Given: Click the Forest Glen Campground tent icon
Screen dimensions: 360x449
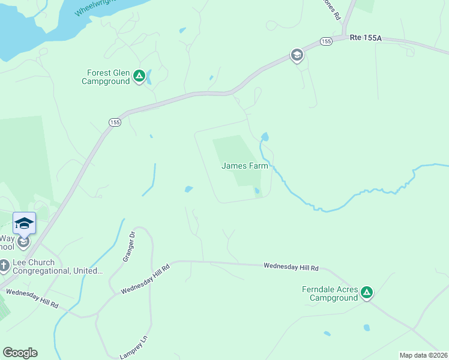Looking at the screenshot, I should coord(139,76).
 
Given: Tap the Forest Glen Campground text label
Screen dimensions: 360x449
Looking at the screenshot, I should coord(106,77).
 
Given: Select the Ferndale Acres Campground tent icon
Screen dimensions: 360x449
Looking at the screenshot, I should coord(367,293).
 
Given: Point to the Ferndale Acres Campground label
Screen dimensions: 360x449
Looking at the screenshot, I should coord(330,293).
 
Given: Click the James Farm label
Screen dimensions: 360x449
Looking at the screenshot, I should coord(244,166).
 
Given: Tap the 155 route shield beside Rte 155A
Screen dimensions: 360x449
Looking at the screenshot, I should coord(326,41).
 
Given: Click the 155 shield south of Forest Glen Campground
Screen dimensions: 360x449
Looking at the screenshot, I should coord(115,122).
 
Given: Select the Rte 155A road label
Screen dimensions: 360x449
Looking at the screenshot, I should coord(366,37).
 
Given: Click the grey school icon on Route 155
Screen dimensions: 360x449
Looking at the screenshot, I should coord(297,56).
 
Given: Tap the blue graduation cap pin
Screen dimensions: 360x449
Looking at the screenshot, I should coord(24,223).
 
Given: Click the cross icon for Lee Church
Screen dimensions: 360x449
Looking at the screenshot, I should coord(4,265).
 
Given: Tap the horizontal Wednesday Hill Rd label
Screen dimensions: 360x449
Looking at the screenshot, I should coord(291,266).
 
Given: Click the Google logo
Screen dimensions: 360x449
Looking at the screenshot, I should coord(20,353).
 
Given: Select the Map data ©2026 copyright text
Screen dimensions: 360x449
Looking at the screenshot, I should coord(423,355).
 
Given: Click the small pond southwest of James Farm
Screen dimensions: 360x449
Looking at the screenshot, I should coord(188,190).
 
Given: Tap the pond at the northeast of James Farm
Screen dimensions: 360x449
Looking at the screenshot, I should coord(265,137).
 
